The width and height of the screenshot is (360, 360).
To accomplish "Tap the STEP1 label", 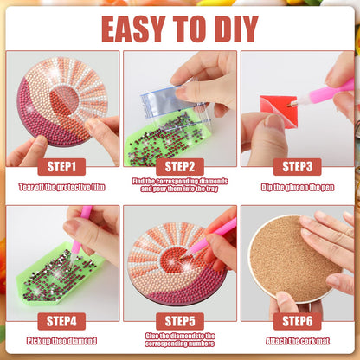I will point(61,166).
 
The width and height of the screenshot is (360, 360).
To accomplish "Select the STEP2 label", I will point(179,166).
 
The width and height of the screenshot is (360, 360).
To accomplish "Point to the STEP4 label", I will point(61,320).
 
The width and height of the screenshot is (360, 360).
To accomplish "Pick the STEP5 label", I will point(179,320).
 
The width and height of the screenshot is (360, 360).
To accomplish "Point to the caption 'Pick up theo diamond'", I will point(61,340).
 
